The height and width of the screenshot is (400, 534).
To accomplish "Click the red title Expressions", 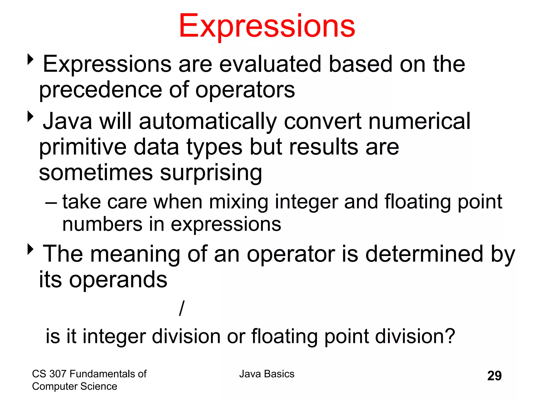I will tap(267, 26).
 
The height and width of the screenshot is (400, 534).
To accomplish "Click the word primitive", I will tap(83, 147).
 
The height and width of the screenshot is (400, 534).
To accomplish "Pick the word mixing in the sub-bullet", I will tap(238, 202).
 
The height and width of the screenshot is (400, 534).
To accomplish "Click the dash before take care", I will tap(51, 202).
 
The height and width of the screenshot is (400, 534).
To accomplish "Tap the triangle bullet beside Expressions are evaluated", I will tap(31, 59).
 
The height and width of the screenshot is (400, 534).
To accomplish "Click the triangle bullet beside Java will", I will tap(31, 116).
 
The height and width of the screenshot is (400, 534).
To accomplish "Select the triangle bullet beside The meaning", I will tap(31, 249).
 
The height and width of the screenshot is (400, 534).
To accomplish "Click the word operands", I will tap(118, 280).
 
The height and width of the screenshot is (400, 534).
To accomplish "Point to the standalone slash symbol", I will tap(182, 308).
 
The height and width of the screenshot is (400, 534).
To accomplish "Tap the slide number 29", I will tap(494, 376).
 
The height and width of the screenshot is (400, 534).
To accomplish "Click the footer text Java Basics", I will tap(267, 374).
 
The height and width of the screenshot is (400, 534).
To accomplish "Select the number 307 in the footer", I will tap(58, 374).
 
